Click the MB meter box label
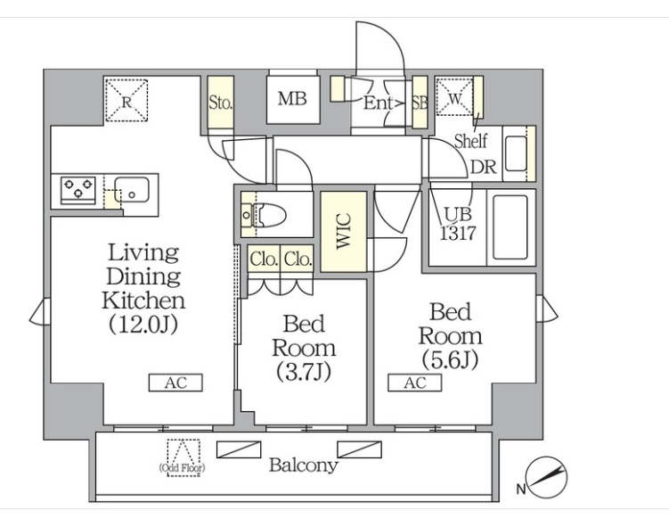click(292, 99)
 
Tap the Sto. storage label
click(220, 102)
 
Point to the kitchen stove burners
click(78, 190)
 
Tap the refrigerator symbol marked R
click(126, 99)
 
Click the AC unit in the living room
click(175, 383)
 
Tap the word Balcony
click(303, 465)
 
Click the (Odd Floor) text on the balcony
click(182, 467)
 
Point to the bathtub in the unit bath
click(510, 227)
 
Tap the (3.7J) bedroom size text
click(304, 371)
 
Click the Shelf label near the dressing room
click(470, 140)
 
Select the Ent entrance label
click(379, 103)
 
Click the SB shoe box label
click(420, 103)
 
